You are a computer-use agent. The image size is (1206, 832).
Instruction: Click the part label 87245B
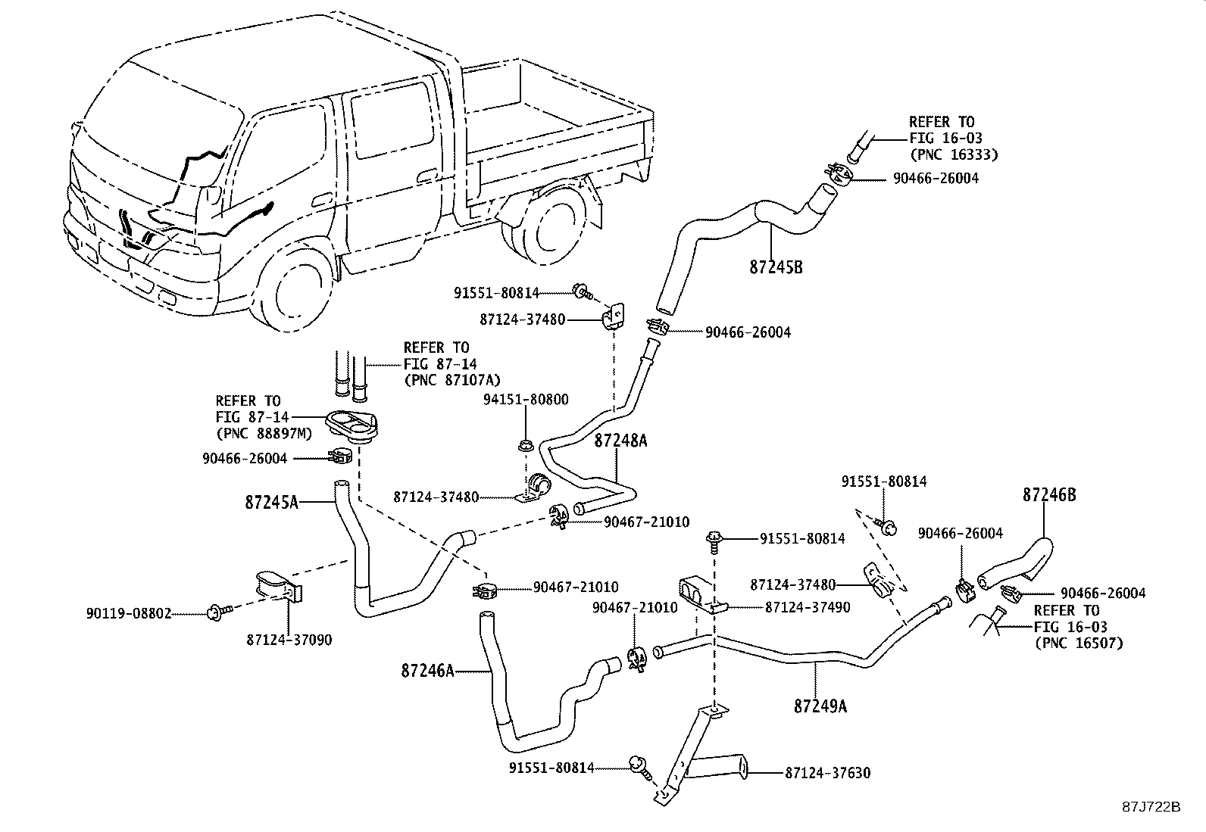coord(776,267)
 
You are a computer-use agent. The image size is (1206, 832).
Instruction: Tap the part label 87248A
coord(620,441)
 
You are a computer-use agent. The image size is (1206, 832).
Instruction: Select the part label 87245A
coord(271,502)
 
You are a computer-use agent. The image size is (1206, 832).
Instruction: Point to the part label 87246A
coord(427,671)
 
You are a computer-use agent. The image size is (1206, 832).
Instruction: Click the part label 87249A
coord(820,706)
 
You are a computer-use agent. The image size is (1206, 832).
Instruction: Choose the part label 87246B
coord(1049,495)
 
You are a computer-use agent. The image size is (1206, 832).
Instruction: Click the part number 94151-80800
coord(526,400)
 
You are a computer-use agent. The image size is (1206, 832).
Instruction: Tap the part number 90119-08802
coord(129,613)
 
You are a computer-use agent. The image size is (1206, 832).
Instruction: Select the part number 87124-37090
coord(289,640)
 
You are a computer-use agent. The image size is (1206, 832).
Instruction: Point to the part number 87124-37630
coord(827,773)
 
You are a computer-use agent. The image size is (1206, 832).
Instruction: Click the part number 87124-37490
coord(808,607)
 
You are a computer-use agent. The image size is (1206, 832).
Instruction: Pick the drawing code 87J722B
coord(1151,807)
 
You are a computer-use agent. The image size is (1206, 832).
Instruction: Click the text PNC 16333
coord(954,155)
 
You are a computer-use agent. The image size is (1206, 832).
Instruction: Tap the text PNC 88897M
coord(264,434)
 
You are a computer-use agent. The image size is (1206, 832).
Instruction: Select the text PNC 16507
coord(1079,643)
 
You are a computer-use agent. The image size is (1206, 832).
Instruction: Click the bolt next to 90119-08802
coord(219,612)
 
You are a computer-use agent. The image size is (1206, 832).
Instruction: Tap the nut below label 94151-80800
coord(524,446)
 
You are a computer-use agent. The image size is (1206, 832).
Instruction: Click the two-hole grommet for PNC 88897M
coord(351,427)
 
